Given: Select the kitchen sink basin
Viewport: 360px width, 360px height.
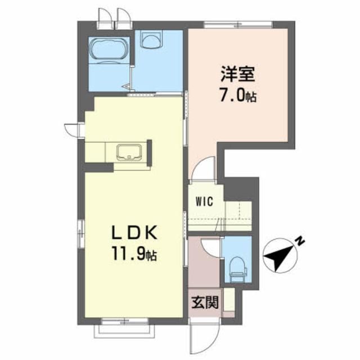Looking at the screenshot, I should point(129,152).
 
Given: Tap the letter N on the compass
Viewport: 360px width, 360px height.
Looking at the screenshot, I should point(301,242).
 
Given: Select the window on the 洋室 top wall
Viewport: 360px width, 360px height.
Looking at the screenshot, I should point(238,24).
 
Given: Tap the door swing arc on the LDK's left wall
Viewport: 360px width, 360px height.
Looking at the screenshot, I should point(71,129).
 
